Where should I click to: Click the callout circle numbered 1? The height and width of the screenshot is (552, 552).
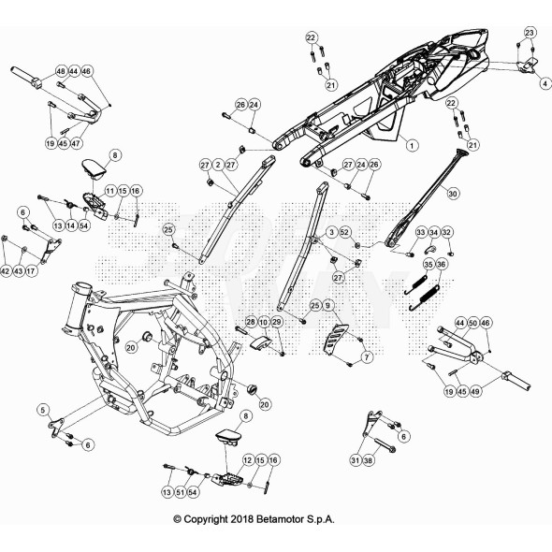(x=412, y=145)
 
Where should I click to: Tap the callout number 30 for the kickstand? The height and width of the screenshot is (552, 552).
(x=453, y=194)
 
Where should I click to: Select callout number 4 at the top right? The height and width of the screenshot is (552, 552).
(x=545, y=83)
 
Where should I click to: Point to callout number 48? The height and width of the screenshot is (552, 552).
(x=61, y=71)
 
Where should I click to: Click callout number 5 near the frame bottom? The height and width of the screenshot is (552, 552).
(x=43, y=410)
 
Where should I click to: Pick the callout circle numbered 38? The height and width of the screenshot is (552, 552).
(x=369, y=459)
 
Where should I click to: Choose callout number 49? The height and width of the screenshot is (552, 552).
(x=474, y=391)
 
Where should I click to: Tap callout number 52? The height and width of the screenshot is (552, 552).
(x=344, y=232)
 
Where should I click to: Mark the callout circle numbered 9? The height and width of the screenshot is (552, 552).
(x=328, y=305)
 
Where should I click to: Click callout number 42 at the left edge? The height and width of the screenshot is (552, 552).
(x=5, y=271)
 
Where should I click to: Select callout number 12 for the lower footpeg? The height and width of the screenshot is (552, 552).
(x=248, y=459)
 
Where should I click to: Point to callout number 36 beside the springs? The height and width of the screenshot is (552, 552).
(x=441, y=264)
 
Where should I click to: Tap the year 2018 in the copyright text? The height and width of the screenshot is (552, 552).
(x=242, y=519)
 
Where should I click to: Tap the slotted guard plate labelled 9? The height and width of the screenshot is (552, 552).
(x=336, y=339)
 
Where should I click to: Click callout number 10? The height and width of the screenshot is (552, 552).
(x=263, y=322)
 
